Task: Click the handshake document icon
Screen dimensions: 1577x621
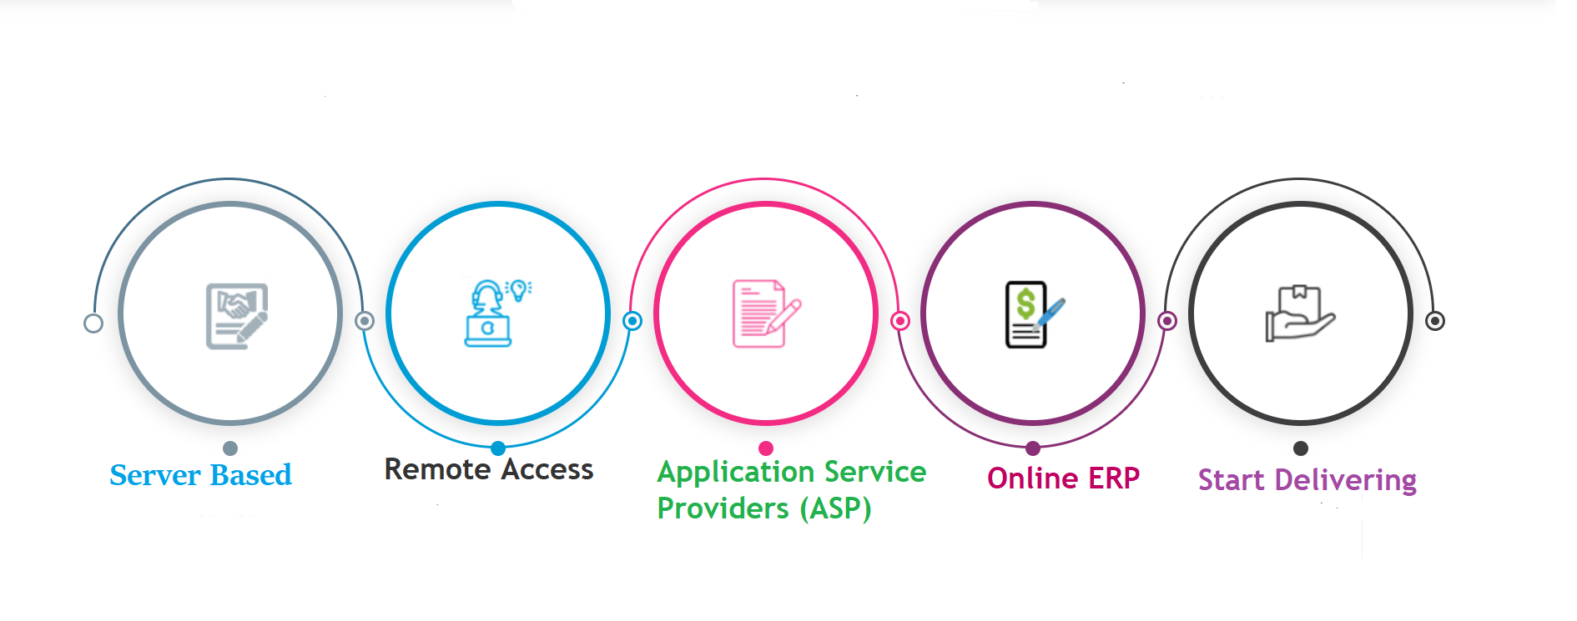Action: point(237,316)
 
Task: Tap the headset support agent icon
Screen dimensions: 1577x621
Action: point(489,313)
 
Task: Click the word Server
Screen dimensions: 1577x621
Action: point(155,475)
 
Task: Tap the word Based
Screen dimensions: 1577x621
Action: point(251,475)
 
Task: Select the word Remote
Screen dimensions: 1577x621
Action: point(438,469)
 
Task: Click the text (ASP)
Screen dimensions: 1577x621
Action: point(835,508)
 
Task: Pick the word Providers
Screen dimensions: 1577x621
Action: point(723,508)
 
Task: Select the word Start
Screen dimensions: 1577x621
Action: point(1232,481)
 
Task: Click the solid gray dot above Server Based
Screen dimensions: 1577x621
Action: point(231,448)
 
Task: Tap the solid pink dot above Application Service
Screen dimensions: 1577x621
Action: point(766,448)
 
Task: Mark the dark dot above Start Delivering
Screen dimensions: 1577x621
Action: point(1301,448)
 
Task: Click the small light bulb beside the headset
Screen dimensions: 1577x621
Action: point(519,289)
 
